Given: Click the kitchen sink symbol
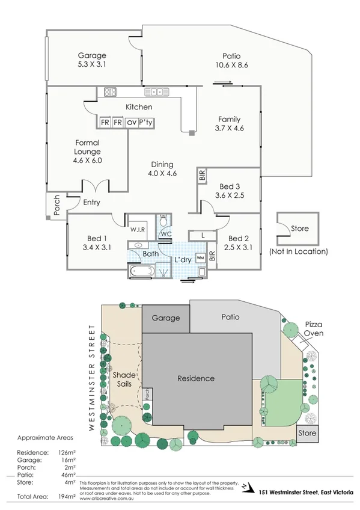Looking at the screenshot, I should click(157, 92).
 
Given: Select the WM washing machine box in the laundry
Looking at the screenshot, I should click(200, 258).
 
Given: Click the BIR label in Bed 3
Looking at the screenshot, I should click(202, 176).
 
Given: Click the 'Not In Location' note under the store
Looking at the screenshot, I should click(299, 251).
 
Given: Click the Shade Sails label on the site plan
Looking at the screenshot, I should click(124, 379).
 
